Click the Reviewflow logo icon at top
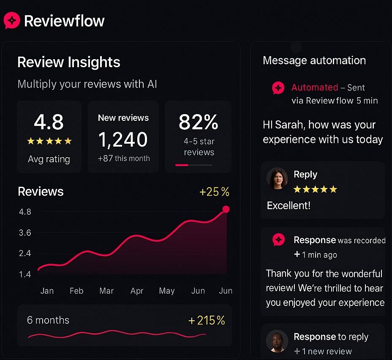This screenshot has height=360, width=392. point(12,20)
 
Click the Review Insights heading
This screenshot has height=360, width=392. point(69,62)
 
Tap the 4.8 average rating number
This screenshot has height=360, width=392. point(49,123)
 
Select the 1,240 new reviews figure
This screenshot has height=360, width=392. point(123,139)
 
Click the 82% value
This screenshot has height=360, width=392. point(198,123)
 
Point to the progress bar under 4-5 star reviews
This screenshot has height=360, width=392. point(194,165)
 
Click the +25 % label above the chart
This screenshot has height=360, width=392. point(214,192)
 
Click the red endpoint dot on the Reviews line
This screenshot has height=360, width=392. point(226,209)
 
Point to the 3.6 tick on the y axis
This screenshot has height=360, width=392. point(25,233)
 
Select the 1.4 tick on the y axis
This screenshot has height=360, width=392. point(25,274)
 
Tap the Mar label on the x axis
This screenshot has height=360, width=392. point(106,291)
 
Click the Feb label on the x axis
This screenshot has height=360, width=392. point(76,291)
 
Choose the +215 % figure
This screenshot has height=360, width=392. point(207,320)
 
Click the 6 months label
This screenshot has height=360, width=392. point(48,320)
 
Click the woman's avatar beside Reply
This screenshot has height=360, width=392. point(277,179)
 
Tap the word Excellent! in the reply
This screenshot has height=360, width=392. point(289,206)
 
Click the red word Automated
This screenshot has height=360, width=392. point(314,87)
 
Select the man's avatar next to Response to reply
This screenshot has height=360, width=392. point(277,341)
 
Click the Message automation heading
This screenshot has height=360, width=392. point(314,60)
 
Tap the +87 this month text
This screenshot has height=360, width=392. point(124,158)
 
